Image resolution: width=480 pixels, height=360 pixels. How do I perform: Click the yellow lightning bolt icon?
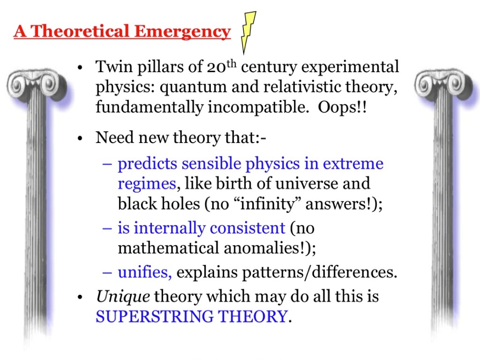[248, 32]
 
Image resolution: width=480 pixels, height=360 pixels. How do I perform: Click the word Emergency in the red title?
[182, 32]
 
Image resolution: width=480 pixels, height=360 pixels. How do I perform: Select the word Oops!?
[342, 107]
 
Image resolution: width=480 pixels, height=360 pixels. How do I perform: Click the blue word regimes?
[147, 184]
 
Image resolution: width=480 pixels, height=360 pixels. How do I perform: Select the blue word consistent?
[247, 228]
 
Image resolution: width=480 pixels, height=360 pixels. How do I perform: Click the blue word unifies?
[145, 272]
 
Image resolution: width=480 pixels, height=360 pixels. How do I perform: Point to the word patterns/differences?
[319, 272]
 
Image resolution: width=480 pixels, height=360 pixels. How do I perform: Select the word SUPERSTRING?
[155, 316]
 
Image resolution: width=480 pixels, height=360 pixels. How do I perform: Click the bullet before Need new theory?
[80, 138]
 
